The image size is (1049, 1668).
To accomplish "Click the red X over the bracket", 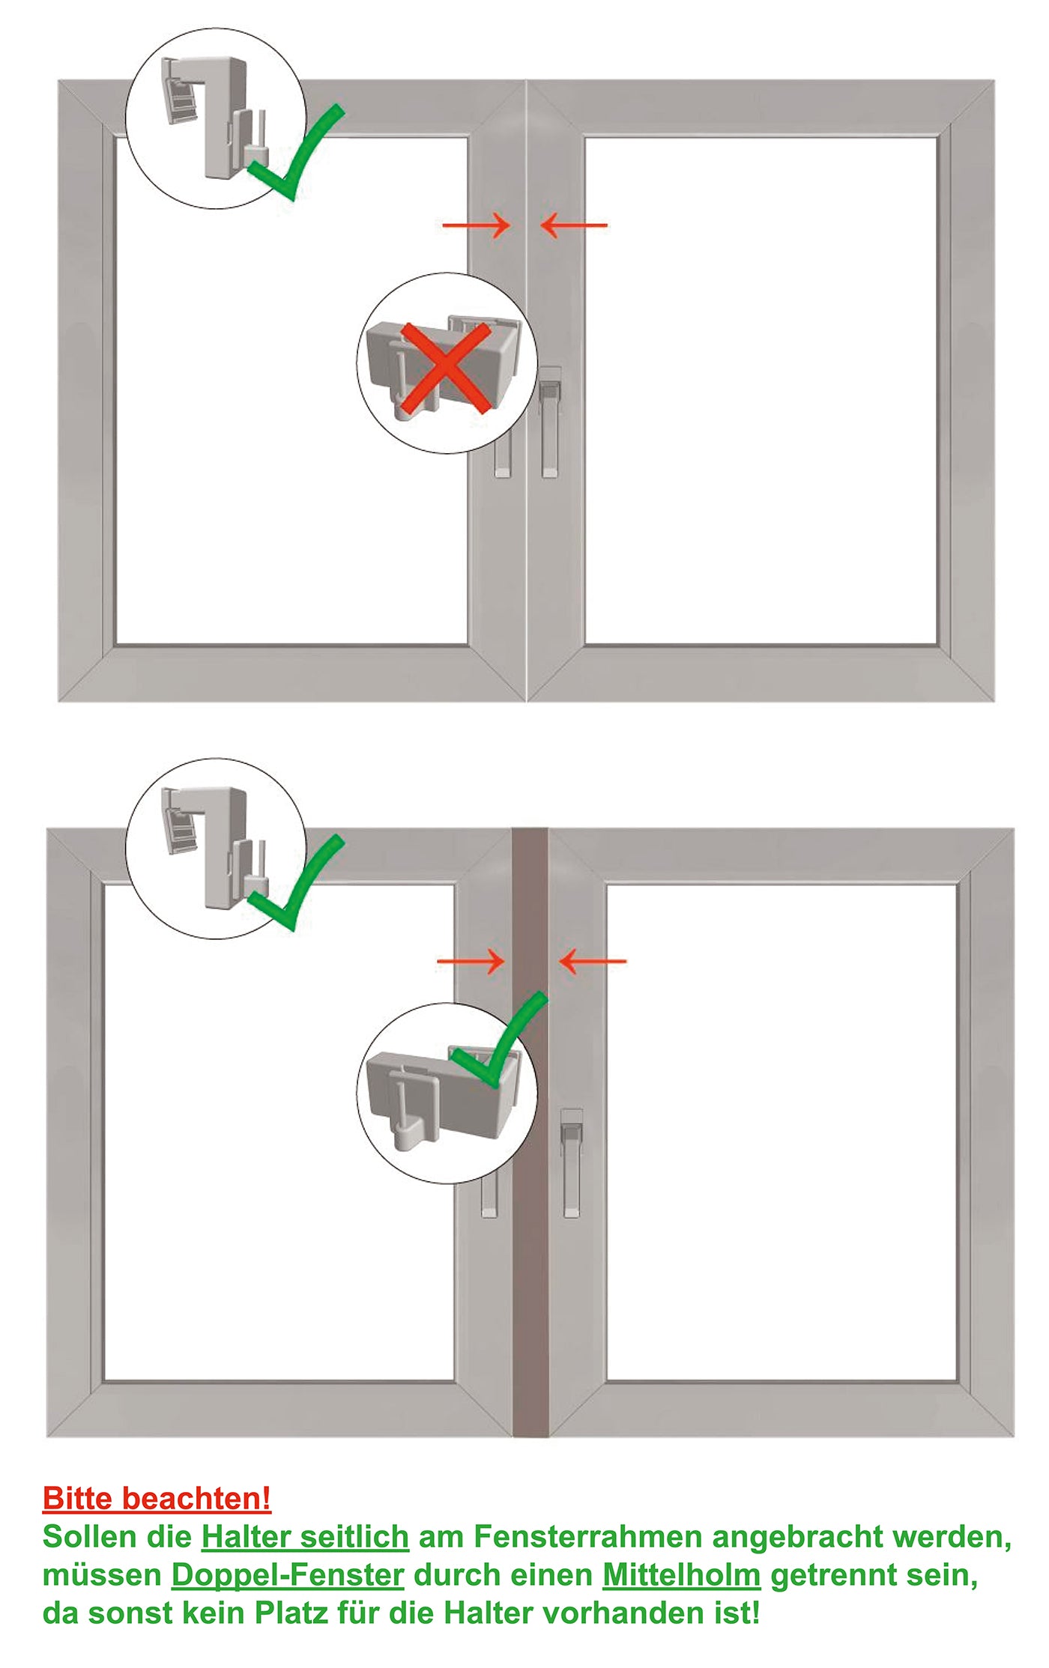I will pyautogui.click(x=446, y=368).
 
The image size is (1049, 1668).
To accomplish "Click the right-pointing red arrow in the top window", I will pyautogui.click(x=477, y=225).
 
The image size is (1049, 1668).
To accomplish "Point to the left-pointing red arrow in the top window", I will pyautogui.click(x=574, y=225).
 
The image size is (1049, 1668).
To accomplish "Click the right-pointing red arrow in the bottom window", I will pyautogui.click(x=471, y=961).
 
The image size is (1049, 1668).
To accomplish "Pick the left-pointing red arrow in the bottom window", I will pyautogui.click(x=593, y=961).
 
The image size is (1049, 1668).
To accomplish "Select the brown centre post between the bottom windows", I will pyautogui.click(x=530, y=1273).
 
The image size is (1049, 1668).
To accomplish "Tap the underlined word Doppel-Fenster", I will pyautogui.click(x=288, y=1575).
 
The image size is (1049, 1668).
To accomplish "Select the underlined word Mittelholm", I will pyautogui.click(x=681, y=1575).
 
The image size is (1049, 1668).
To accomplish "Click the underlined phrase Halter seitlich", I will pyautogui.click(x=305, y=1537).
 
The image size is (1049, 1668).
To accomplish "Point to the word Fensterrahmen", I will pyautogui.click(x=587, y=1537).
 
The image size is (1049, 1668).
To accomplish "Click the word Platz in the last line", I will pyautogui.click(x=291, y=1613).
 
